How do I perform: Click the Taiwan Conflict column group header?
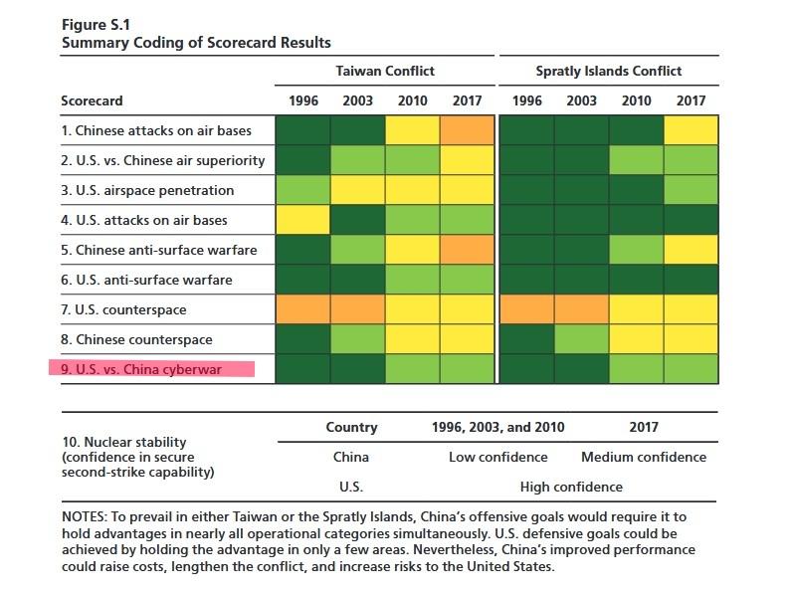click(x=385, y=71)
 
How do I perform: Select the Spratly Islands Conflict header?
click(x=609, y=71)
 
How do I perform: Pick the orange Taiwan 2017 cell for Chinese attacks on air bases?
click(x=468, y=130)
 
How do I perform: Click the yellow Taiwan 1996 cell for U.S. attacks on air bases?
click(x=302, y=220)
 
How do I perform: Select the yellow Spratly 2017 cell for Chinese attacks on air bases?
click(x=691, y=130)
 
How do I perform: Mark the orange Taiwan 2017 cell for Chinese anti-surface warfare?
click(x=468, y=250)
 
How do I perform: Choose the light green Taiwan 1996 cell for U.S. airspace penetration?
click(x=302, y=190)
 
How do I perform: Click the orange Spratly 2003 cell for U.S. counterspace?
click(x=581, y=309)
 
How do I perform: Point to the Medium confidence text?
click(x=644, y=457)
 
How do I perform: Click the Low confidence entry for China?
click(x=497, y=457)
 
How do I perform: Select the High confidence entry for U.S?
click(x=571, y=487)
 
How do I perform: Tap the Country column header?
click(x=351, y=427)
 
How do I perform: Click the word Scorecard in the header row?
click(x=92, y=100)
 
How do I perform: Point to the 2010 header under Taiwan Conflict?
click(x=413, y=100)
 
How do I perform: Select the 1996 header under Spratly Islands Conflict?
click(x=527, y=100)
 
